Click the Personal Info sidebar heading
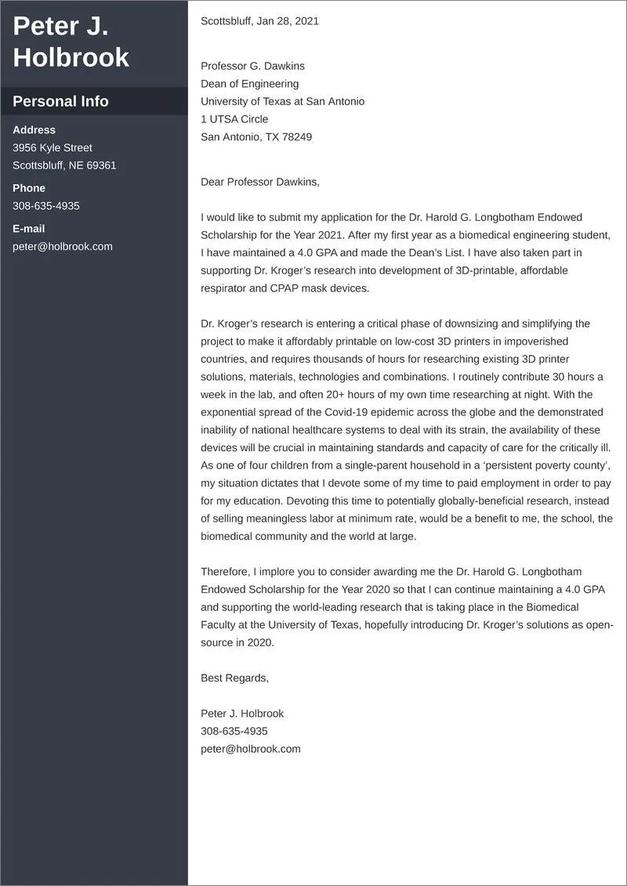[60, 101]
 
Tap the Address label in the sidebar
[34, 130]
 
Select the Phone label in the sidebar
[29, 188]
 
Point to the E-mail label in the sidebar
[28, 229]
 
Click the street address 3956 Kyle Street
[52, 147]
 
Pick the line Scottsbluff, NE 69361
[64, 165]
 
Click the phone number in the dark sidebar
[45, 206]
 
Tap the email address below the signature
[250, 749]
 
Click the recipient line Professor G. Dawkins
[252, 66]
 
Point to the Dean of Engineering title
[249, 84]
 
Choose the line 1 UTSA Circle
[234, 119]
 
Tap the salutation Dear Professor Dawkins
[260, 182]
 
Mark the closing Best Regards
[234, 678]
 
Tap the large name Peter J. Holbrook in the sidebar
[71, 42]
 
